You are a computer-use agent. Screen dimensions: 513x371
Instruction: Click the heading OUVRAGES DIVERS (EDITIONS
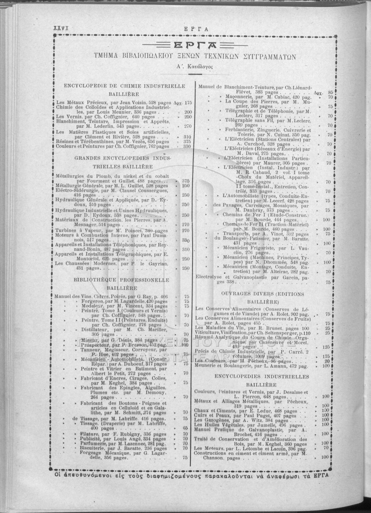tap(263, 294)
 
